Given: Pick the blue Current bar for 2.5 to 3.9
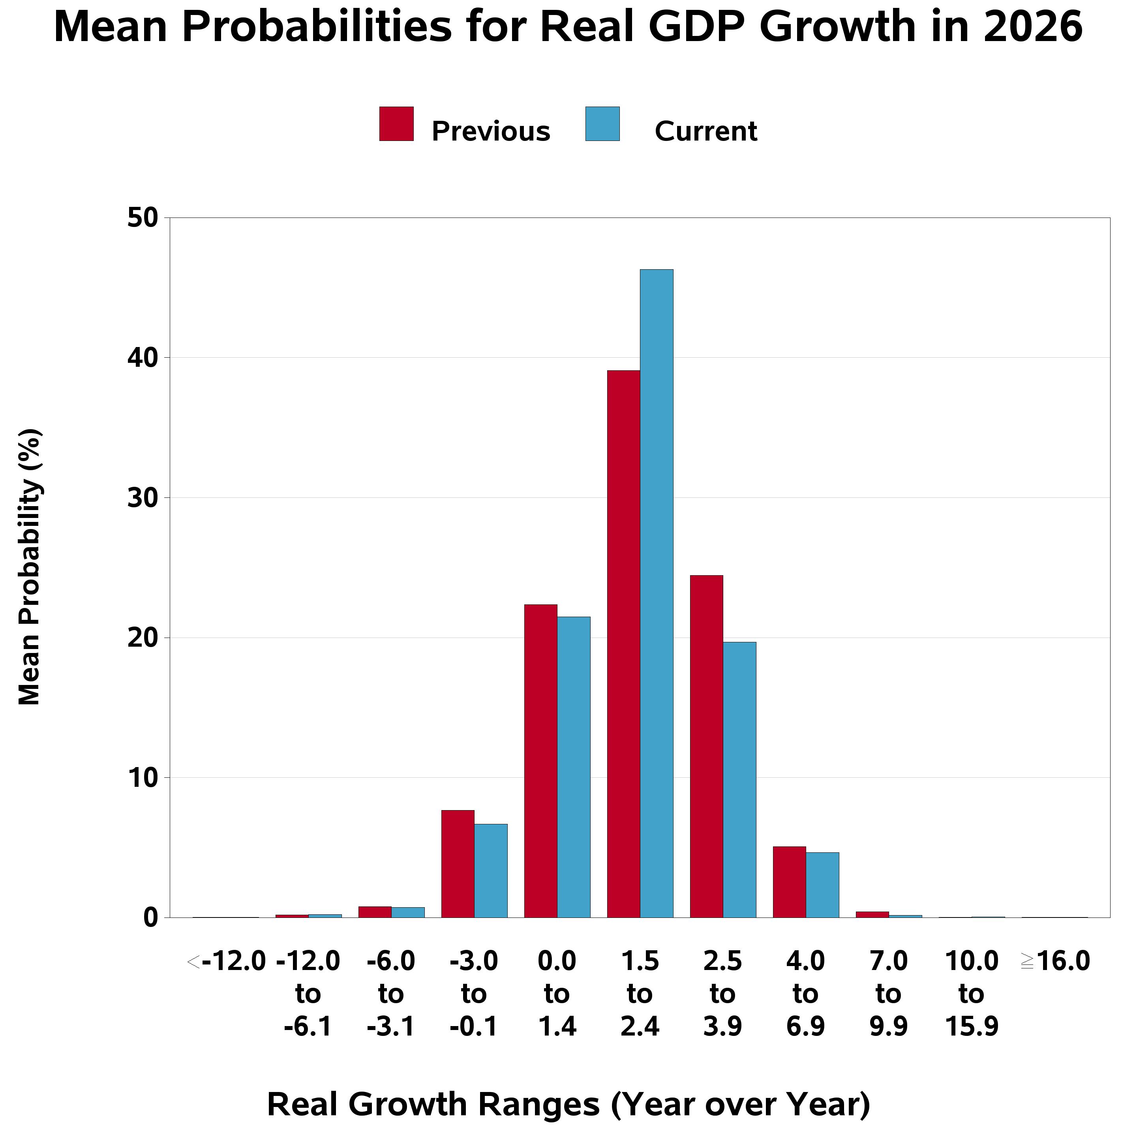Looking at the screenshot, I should click(740, 779).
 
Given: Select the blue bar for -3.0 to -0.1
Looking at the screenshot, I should click(491, 871).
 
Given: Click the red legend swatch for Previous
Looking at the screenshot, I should click(396, 124).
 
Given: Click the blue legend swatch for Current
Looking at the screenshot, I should click(602, 124).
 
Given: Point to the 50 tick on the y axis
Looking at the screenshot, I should click(143, 218).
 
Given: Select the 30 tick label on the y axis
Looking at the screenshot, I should click(143, 498).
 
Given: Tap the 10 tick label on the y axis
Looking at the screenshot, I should click(143, 778).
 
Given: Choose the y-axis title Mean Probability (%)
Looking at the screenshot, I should click(30, 566).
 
